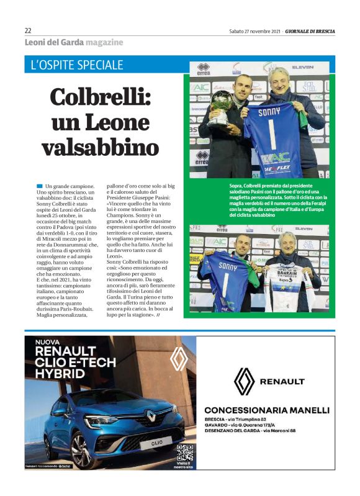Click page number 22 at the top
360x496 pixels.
(28, 30)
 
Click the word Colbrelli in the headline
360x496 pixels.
(100, 98)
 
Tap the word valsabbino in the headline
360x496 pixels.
(100, 147)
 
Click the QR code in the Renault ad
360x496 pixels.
(185, 453)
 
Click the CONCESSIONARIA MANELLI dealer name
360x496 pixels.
(266, 410)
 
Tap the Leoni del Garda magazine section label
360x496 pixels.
(73, 42)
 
